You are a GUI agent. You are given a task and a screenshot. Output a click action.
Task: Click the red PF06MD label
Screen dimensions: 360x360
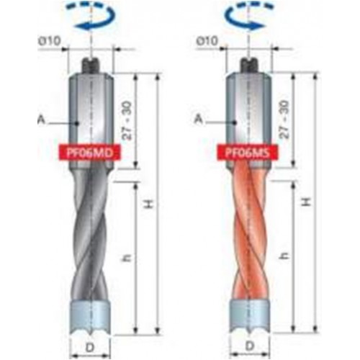pos(89,152)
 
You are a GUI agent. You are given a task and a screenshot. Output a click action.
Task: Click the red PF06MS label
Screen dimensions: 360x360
pos(248,152)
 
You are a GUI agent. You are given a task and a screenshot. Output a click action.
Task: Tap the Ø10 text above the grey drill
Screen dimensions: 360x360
pos(49,41)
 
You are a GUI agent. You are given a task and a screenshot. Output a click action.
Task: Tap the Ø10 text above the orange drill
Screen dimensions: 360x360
pos(207,41)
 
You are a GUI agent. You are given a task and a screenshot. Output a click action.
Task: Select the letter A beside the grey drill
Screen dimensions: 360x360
pos(41,120)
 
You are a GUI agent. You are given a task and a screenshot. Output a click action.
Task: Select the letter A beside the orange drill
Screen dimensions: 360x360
pos(199,119)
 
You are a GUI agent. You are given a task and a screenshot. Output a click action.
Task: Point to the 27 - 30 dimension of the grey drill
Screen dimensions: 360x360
pos(127,120)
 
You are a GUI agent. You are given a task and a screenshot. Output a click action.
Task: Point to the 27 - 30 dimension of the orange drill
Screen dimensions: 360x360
pos(284,120)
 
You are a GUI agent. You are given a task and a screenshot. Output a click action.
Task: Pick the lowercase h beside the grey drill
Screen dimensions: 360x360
pos(128,258)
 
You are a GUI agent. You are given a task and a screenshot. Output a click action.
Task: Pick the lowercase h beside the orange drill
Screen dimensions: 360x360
pos(285,256)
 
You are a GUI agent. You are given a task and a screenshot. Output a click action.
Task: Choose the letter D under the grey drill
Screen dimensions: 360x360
pos(90,347)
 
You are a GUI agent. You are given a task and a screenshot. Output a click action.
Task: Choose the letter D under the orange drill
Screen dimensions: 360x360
pos(250,346)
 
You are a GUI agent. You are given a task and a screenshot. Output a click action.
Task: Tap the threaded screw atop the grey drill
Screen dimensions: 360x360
pos(91,66)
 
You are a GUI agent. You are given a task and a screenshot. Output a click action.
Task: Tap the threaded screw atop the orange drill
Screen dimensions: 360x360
pos(249,66)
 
